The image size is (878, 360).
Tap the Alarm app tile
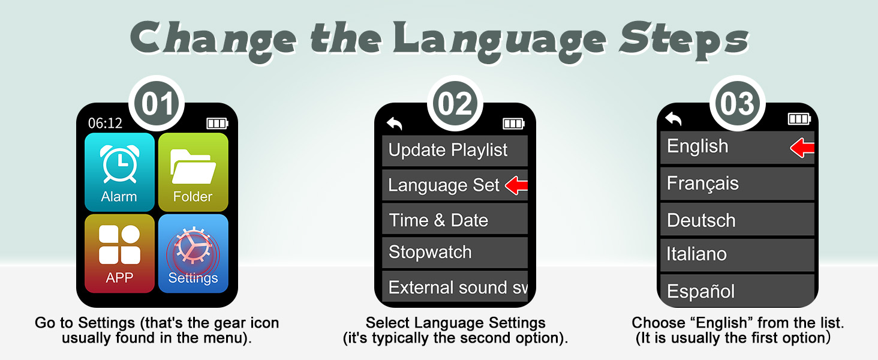pos(119,172)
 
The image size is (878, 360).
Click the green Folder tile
pos(193,172)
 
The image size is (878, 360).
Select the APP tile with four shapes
pos(119,253)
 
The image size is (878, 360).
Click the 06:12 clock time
pos(105,123)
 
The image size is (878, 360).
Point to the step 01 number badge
pos(157,103)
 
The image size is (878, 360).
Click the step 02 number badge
pos(455,103)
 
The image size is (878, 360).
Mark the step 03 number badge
pos(738,103)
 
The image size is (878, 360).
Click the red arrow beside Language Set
pos(516,186)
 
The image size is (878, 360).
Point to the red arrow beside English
pos(802,148)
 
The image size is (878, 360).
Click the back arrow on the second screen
pos(395,124)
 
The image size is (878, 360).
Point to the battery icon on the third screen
pos(799,119)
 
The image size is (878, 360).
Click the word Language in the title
pos(501,38)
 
